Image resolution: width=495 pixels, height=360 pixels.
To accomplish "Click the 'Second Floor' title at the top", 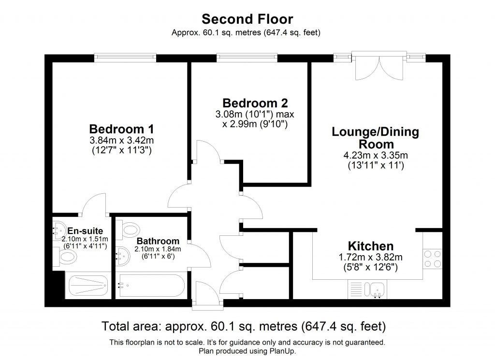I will point(247,19).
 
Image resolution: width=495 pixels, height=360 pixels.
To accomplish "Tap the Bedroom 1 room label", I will point(121,130).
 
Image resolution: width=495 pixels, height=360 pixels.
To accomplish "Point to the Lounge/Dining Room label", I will point(375,138).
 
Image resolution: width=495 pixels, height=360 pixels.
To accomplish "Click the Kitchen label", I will point(371,246).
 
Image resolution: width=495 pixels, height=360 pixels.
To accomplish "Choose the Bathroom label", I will point(158,241).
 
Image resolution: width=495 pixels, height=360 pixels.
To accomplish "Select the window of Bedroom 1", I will point(125,58).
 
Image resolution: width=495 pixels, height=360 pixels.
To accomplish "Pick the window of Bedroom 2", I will point(247,58).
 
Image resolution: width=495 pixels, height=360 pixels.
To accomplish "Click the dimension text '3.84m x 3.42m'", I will point(121,141).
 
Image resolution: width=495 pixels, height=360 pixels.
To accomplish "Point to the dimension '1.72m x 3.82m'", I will point(371,257).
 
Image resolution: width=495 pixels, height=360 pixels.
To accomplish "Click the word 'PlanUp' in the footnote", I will point(282,351).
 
